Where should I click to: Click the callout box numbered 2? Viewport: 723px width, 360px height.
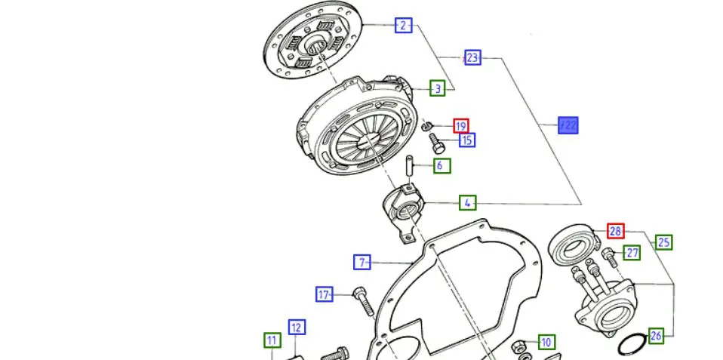[404, 25]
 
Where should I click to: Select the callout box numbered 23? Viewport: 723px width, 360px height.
[472, 57]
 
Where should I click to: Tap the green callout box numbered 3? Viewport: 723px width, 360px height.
[438, 88]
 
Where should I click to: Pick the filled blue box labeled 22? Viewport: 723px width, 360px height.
[568, 125]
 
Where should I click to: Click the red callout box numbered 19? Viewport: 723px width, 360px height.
[461, 126]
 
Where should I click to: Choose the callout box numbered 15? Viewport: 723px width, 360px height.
[467, 140]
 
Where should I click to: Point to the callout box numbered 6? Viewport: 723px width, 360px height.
[441, 165]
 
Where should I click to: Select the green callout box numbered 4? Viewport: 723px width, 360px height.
[468, 203]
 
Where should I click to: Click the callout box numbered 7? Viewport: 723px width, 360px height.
[362, 263]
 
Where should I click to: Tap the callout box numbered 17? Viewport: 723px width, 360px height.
[325, 294]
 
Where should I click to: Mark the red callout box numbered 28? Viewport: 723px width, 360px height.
[616, 231]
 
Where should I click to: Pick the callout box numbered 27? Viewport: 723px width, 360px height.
[632, 253]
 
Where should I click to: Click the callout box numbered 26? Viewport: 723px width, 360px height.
[656, 336]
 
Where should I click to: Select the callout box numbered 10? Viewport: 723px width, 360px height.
[546, 343]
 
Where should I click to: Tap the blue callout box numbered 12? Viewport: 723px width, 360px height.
[297, 328]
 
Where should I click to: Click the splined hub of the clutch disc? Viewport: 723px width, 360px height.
[315, 45]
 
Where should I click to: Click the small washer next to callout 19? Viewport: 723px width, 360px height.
[427, 125]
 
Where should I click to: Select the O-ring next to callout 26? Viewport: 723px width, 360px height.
[629, 342]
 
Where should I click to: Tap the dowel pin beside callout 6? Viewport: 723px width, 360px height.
[409, 165]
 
